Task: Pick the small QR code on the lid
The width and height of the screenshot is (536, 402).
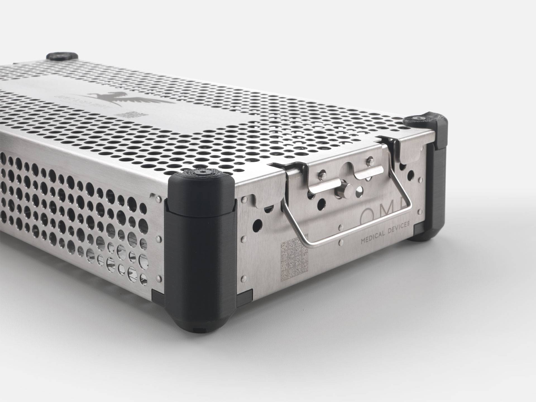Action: (130, 114)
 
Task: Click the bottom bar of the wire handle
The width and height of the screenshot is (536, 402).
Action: (355, 237)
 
